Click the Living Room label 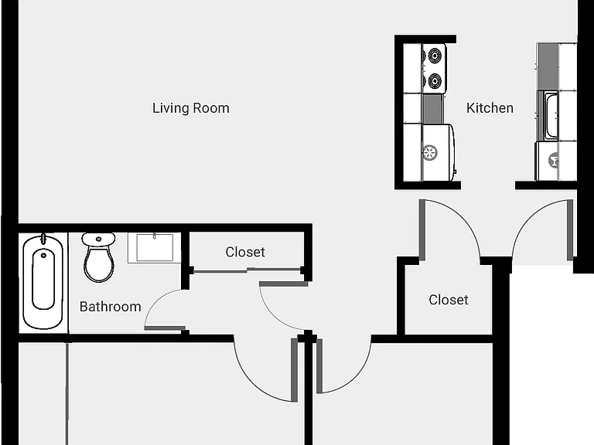[x=191, y=108]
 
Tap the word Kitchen [x=490, y=108]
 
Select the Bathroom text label [x=111, y=307]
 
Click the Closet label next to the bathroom [x=245, y=252]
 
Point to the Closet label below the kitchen [x=449, y=300]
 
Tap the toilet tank [x=98, y=239]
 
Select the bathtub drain [x=43, y=256]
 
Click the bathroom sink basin [x=155, y=248]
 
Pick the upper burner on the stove [x=435, y=56]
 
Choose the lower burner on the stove [x=435, y=80]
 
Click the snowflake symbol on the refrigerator [x=429, y=152]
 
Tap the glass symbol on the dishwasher [x=554, y=160]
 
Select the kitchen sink [x=551, y=116]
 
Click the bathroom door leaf [x=165, y=328]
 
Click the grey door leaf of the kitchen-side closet [x=422, y=229]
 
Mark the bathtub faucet [x=43, y=239]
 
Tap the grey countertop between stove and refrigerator [x=432, y=109]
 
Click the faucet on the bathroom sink [x=155, y=236]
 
